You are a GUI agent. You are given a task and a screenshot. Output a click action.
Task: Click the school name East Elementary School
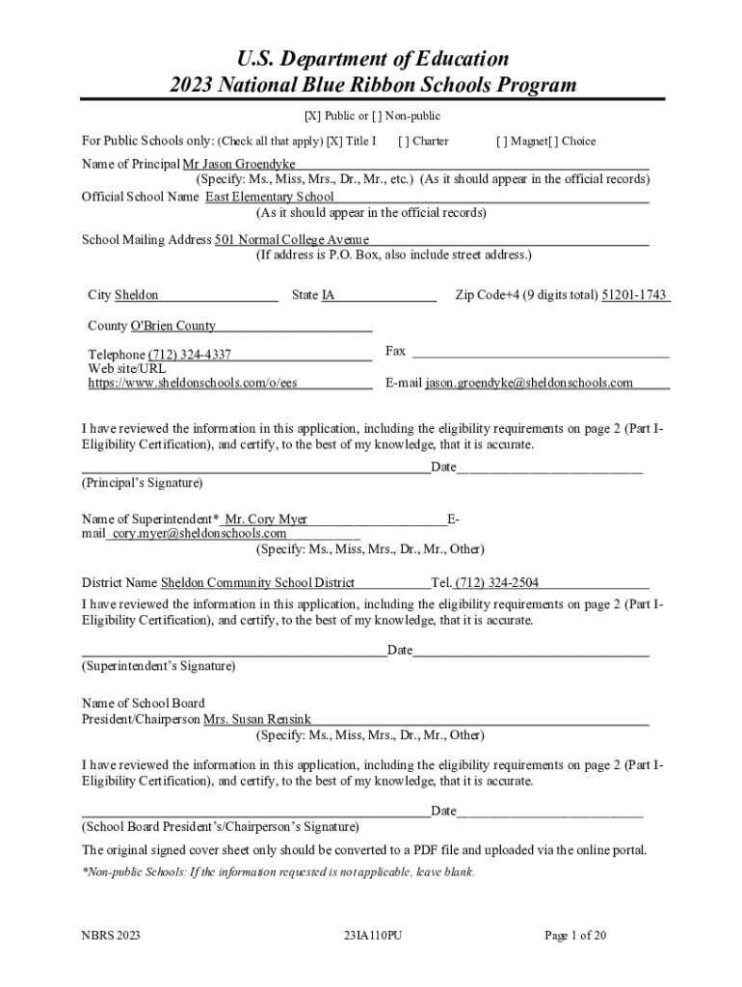269,197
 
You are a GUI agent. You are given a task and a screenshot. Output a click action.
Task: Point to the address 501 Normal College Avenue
291,240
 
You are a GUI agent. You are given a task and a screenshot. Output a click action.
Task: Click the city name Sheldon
137,295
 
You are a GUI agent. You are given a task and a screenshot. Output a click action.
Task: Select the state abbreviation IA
328,295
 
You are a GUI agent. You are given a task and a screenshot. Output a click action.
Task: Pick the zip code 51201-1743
634,295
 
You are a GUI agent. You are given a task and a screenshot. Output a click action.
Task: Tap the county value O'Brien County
166,326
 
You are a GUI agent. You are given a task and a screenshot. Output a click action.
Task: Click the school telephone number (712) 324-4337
189,356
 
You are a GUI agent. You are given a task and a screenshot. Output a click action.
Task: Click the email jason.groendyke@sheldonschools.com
529,383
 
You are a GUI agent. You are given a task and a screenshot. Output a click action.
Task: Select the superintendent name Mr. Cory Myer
265,520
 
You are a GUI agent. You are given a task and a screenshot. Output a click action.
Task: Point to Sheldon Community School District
257,582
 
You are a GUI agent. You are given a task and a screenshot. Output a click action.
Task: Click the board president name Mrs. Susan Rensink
256,719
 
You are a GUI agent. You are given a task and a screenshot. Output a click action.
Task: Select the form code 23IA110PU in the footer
372,935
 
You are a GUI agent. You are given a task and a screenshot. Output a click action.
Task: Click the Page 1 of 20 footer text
574,935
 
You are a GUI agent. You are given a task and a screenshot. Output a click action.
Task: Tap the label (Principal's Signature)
142,482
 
